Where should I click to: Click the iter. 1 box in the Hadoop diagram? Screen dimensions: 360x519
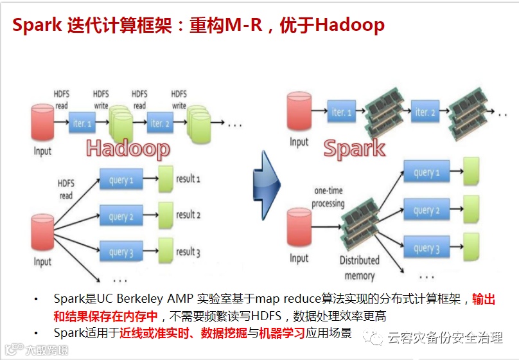(x=82, y=122)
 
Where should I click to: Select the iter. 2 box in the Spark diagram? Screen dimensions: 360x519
(x=425, y=112)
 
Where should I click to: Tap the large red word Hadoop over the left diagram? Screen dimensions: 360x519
(x=128, y=148)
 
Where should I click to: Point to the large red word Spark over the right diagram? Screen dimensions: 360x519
(x=354, y=148)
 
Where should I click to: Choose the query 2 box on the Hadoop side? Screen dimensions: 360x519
(x=121, y=217)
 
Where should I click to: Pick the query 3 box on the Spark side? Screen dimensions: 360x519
(x=427, y=248)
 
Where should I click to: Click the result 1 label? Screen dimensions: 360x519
(x=188, y=179)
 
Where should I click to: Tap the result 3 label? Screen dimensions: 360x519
(x=188, y=253)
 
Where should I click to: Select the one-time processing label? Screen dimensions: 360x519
(x=329, y=197)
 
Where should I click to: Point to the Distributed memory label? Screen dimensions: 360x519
(x=359, y=268)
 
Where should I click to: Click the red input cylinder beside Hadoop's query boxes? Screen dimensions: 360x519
(x=43, y=234)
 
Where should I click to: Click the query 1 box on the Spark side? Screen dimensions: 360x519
(x=427, y=172)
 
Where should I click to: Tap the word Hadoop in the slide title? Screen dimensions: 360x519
(x=350, y=26)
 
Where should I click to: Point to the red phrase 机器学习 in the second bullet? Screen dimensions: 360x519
(x=282, y=333)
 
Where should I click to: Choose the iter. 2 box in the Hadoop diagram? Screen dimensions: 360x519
(x=160, y=122)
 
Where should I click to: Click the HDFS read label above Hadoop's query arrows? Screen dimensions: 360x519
(x=66, y=189)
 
